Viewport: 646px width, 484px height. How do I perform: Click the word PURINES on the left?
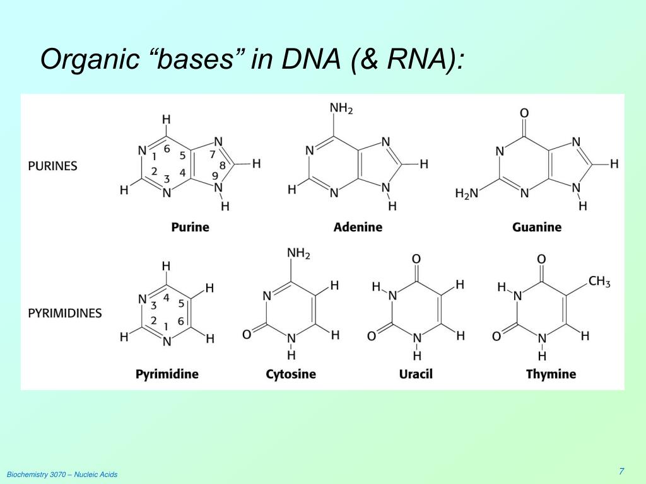click(52, 166)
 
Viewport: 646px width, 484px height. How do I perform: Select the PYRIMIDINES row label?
click(64, 313)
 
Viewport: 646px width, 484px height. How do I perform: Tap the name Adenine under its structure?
click(358, 227)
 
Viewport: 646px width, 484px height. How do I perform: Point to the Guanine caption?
click(536, 227)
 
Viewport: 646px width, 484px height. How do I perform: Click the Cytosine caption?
click(291, 374)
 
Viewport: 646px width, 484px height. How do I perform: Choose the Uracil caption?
click(416, 374)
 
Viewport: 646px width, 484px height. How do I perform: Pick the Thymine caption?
click(551, 374)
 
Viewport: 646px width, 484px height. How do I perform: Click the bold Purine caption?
click(190, 227)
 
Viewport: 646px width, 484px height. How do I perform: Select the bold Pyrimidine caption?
click(167, 374)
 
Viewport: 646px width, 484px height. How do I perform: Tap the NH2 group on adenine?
click(341, 109)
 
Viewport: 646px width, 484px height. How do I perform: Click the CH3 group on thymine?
click(599, 281)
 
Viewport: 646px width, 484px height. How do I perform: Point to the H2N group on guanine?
click(467, 193)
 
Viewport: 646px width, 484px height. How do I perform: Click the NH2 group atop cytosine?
click(298, 253)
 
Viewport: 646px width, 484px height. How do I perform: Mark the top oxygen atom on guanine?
click(524, 113)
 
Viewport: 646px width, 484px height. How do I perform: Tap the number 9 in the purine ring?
click(215, 176)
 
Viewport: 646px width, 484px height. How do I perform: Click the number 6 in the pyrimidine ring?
click(181, 321)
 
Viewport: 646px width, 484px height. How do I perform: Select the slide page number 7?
click(621, 471)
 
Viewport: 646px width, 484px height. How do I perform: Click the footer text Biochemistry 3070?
click(37, 474)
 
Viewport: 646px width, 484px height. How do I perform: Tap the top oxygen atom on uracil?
click(416, 259)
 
